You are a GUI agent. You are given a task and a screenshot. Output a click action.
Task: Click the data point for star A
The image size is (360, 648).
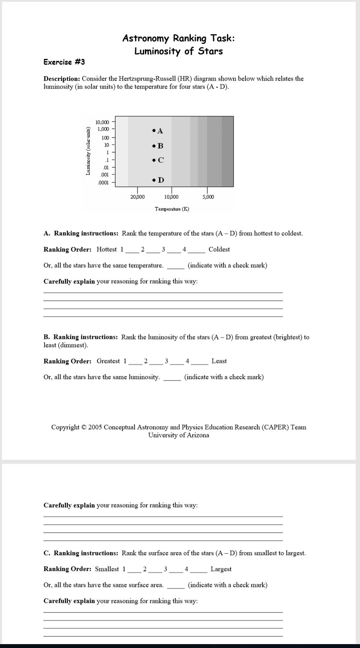click(154, 131)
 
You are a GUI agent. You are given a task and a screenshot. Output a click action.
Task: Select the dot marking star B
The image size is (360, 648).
click(154, 146)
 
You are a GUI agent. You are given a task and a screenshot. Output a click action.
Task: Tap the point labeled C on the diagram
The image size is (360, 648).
click(154, 160)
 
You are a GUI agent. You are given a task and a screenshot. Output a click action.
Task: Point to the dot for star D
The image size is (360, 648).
click(154, 180)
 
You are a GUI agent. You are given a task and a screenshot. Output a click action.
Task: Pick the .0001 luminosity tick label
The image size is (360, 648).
click(103, 183)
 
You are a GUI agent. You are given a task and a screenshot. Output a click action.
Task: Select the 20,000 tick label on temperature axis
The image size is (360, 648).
click(138, 197)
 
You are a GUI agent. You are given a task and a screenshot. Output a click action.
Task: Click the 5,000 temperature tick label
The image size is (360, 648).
click(208, 197)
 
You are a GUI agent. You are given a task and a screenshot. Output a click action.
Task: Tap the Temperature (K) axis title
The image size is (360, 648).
click(172, 209)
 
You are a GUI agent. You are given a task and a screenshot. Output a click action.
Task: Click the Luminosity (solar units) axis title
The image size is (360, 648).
click(88, 151)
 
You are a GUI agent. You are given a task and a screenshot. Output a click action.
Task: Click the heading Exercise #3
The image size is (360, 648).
click(64, 62)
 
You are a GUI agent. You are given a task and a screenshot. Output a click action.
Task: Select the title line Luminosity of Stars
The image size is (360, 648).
click(178, 51)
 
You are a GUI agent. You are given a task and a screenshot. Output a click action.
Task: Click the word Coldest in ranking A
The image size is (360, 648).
click(219, 249)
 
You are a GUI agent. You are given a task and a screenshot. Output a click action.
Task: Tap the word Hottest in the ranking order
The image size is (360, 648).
click(106, 249)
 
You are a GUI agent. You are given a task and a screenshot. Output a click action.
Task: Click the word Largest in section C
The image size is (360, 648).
click(221, 569)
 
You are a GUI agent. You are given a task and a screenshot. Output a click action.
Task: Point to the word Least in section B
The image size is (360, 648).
click(219, 361)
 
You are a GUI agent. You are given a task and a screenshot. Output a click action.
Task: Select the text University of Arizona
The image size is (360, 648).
click(178, 435)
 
